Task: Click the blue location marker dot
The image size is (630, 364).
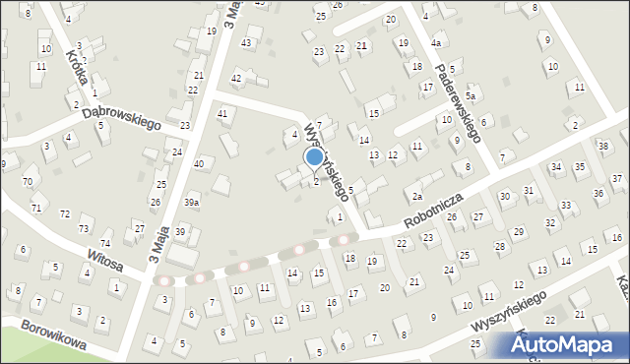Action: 314,156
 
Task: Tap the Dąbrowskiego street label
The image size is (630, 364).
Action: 121,119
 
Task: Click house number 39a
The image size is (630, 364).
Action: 192,202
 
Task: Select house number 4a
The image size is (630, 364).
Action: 435,43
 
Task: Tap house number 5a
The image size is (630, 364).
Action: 471,96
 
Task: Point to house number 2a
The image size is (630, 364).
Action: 417,198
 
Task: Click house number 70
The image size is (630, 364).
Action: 28,182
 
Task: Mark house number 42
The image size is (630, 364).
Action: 236,78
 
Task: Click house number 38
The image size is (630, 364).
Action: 604,146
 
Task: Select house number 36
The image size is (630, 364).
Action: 598,193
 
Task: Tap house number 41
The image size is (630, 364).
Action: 222,114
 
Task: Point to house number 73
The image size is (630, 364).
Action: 83,228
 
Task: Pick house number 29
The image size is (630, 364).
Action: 520,232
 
